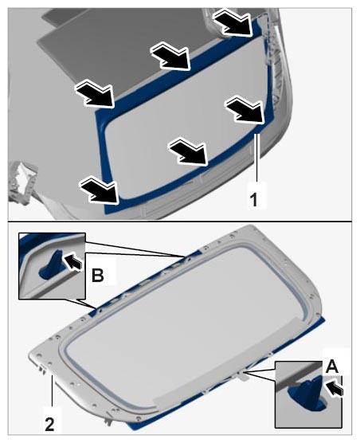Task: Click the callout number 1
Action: [254, 199]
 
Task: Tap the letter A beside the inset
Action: [332, 367]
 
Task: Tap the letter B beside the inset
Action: [98, 275]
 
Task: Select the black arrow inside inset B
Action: [72, 261]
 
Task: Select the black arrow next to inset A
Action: [335, 388]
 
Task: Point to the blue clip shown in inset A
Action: [307, 394]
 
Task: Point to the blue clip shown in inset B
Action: [53, 265]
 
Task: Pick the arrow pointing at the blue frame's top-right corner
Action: [233, 22]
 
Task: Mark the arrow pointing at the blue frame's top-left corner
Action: [95, 94]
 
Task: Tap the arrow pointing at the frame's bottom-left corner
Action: [100, 189]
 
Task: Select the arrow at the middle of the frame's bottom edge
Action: [189, 151]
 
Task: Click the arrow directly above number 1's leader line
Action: [245, 110]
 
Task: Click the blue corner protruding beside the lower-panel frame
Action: [321, 321]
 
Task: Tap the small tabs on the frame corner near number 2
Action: [41, 369]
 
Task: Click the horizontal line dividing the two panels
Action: [180, 221]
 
